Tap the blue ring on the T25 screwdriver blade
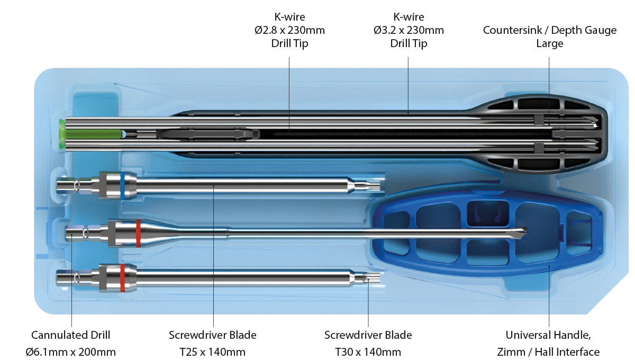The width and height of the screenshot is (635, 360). point(123,185)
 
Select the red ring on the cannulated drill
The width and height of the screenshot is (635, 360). point(138,233)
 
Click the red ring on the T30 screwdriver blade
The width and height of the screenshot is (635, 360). point(123,278)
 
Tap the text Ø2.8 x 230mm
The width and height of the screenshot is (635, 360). point(289,31)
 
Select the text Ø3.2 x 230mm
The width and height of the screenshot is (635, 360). point(409,31)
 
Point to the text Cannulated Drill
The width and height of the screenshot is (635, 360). point(71,335)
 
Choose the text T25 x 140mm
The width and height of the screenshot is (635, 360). point(213,352)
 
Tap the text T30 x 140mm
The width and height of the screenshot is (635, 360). point(368,352)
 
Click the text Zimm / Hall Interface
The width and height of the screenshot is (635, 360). point(549,352)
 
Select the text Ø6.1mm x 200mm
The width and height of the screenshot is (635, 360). point(71,352)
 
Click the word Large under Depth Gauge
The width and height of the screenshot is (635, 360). point(550,44)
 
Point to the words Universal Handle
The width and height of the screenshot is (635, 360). point(548,335)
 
